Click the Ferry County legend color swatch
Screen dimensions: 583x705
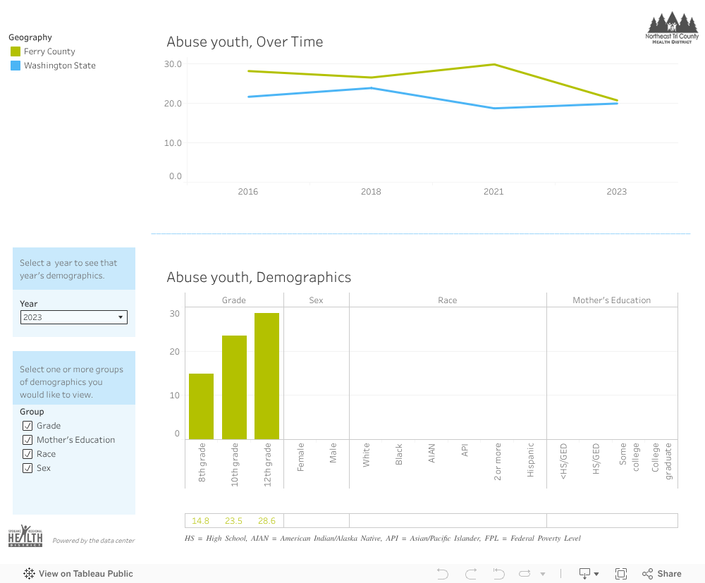[16, 51]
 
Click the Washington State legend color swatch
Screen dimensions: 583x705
[16, 66]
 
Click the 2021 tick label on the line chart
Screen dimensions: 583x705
[493, 192]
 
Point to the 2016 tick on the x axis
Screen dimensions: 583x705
[248, 192]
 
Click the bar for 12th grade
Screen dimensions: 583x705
[266, 376]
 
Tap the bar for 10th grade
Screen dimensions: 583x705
[234, 388]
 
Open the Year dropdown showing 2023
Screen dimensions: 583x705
[73, 317]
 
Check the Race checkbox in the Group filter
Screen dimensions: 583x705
[27, 454]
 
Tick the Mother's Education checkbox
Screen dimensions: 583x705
[27, 440]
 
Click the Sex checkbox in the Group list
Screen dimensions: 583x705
[27, 468]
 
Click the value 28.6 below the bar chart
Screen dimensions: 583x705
[266, 521]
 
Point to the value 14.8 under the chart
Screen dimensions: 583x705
[201, 521]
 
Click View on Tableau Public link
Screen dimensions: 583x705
[78, 574]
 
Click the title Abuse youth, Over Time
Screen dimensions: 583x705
[245, 42]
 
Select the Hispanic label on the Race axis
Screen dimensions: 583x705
[531, 460]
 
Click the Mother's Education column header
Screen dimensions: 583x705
[611, 300]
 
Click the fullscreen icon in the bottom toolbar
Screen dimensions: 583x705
[621, 574]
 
